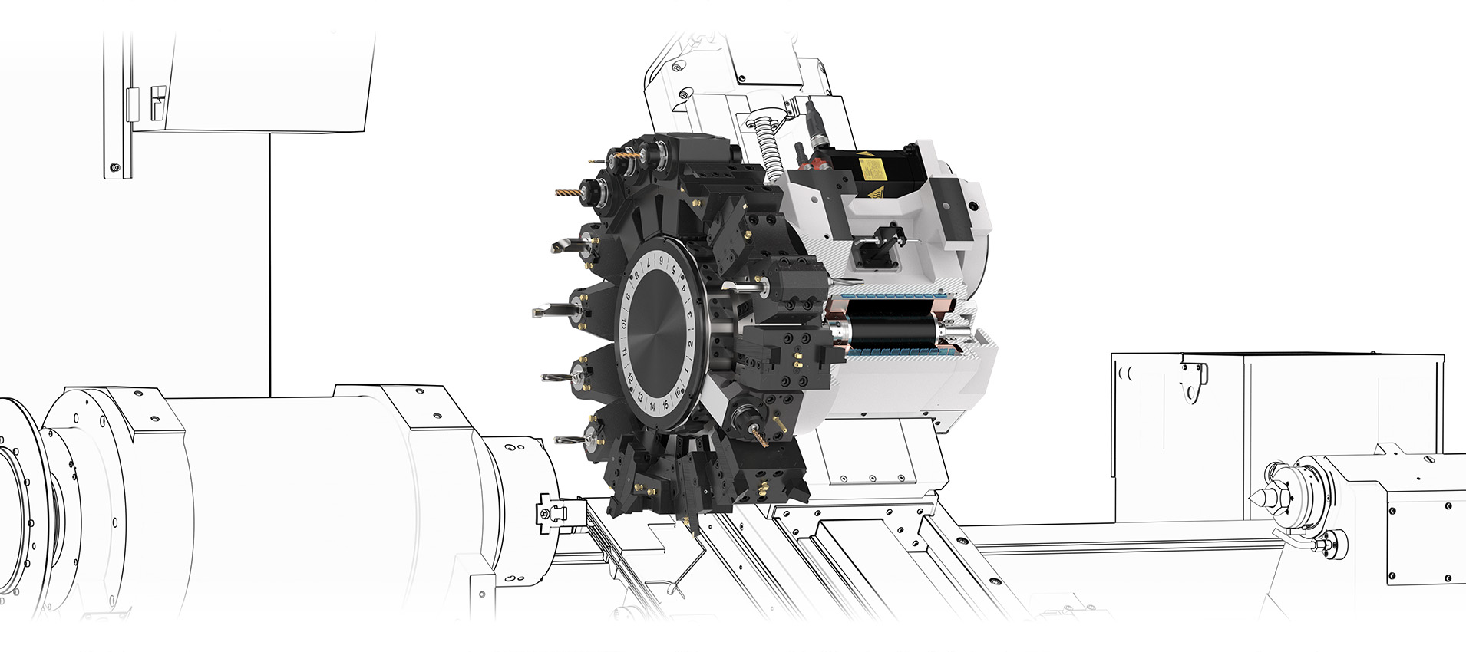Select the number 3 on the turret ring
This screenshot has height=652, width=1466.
pos(689,314)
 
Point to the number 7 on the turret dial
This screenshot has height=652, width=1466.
pos(649,263)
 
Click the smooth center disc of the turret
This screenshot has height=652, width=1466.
pos(656,333)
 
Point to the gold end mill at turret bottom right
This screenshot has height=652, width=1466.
pos(760,438)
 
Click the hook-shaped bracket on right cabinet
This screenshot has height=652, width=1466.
pos(1193,380)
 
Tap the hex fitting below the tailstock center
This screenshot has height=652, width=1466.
pos(1321,545)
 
